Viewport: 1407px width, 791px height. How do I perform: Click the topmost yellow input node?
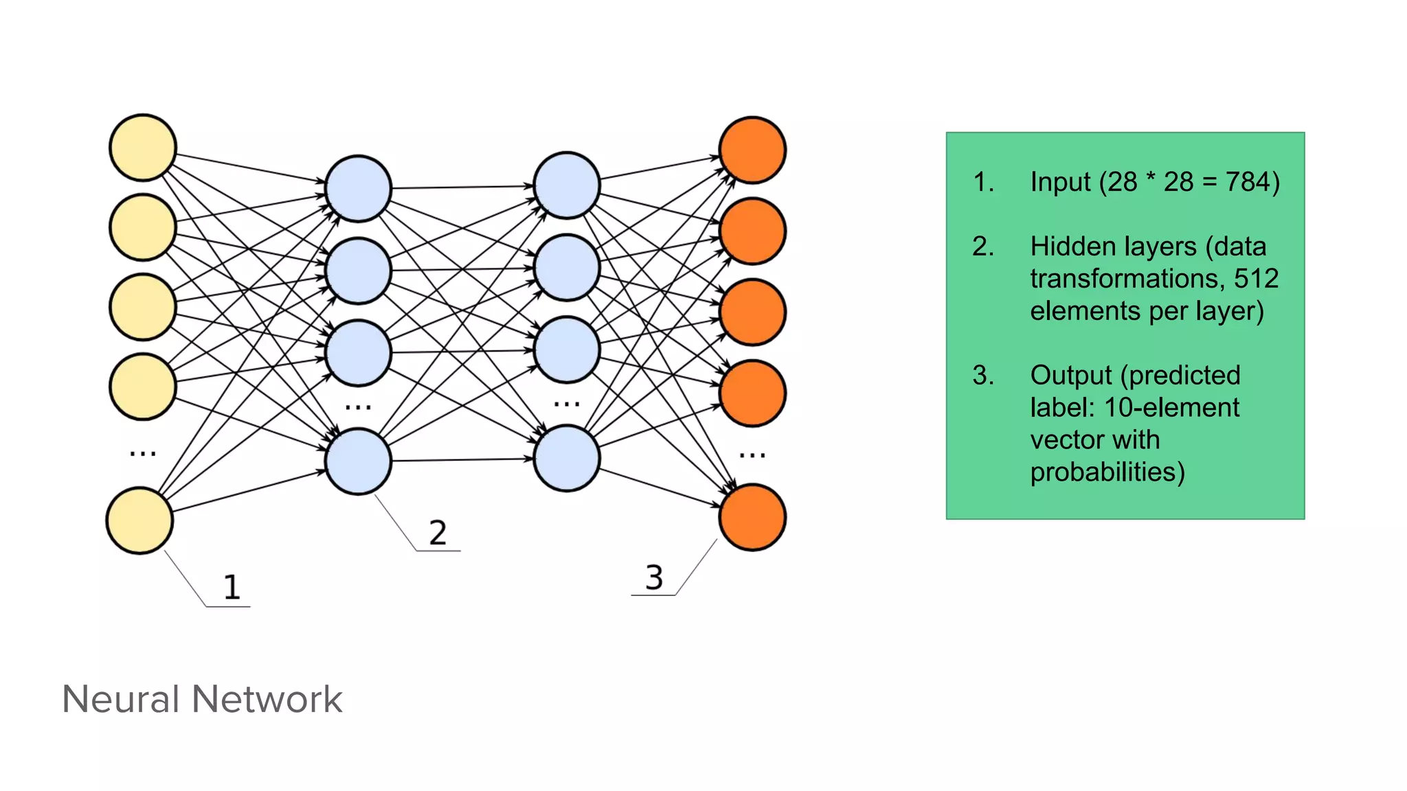pos(143,148)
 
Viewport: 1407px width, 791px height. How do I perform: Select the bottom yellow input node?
pos(139,520)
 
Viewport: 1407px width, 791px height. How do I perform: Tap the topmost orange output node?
pos(752,150)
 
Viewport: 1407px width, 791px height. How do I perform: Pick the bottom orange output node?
pos(752,517)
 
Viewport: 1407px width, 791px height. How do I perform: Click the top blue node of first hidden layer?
pos(358,188)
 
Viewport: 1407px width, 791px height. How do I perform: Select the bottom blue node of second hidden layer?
pos(567,458)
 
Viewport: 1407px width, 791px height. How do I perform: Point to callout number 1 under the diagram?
pos(232,587)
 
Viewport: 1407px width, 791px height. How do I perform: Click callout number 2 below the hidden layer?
pos(438,533)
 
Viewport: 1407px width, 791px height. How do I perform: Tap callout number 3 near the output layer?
pos(654,577)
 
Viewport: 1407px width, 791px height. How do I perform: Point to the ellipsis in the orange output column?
pos(752,455)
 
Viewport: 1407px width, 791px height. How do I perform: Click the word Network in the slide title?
pos(267,699)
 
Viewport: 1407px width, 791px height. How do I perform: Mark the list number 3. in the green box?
pos(983,376)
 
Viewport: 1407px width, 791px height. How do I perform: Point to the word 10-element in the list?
pos(1171,408)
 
